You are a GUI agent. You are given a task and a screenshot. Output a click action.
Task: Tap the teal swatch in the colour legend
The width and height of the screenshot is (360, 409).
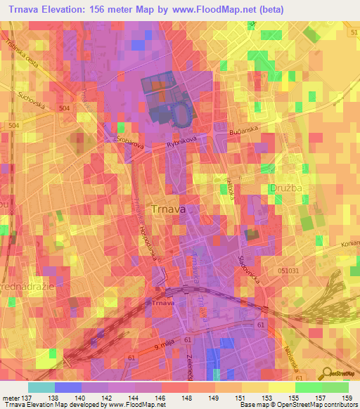[40, 387]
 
